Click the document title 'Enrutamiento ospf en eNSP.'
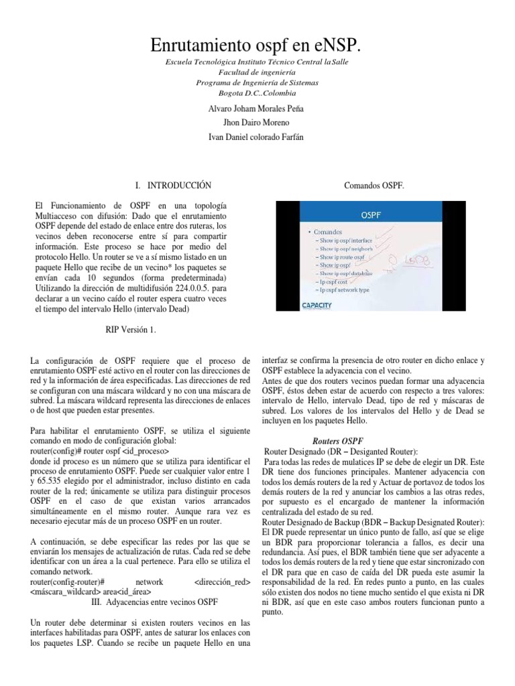click(x=257, y=46)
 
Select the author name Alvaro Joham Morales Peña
click(x=257, y=108)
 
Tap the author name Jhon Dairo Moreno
click(x=257, y=123)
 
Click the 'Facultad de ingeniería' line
click(x=257, y=72)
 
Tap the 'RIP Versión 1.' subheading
click(x=130, y=330)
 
